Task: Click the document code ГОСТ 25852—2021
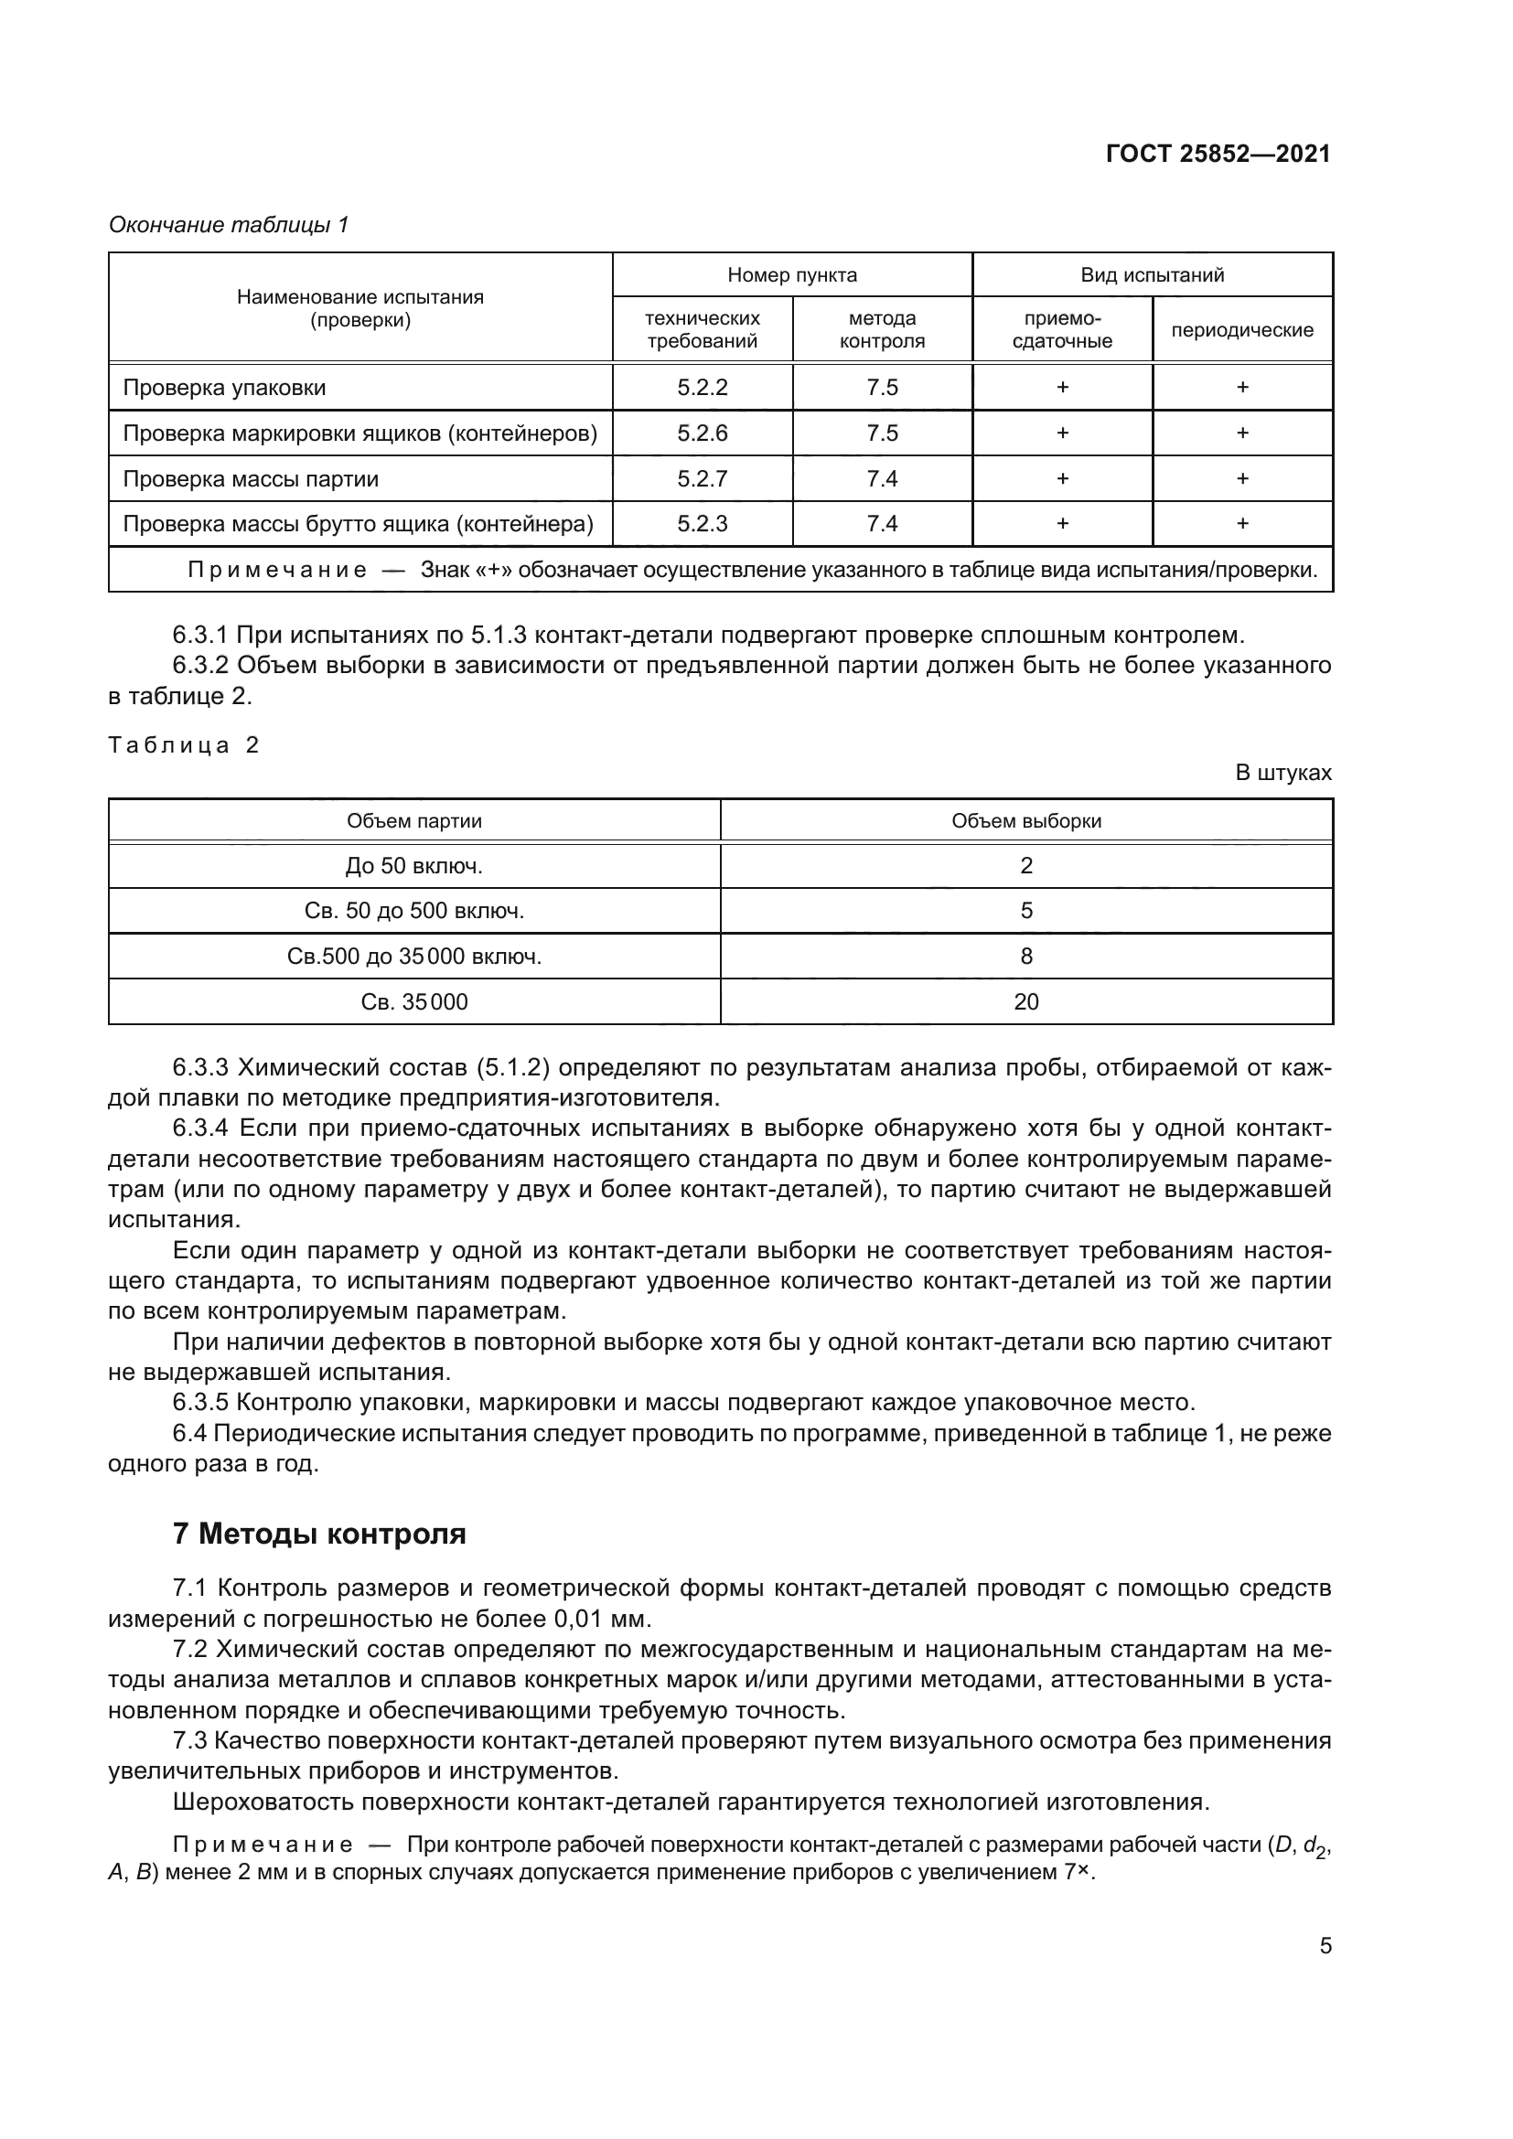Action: pos(1218,154)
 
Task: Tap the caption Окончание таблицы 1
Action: pos(229,225)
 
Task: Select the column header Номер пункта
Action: pos(792,275)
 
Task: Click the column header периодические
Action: pos(1242,330)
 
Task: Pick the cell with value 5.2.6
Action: pos(703,433)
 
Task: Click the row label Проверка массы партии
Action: pos(251,479)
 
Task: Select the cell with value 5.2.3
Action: pos(703,524)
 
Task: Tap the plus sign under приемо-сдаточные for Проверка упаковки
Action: pos(1062,388)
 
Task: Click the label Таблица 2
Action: pos(184,745)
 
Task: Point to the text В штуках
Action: pos(1282,774)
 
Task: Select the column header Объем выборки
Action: pos(1025,820)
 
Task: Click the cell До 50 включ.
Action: pos(413,866)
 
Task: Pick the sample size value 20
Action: pos(1025,1002)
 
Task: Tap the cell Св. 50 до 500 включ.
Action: pos(413,911)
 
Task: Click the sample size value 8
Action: pos(1025,957)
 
